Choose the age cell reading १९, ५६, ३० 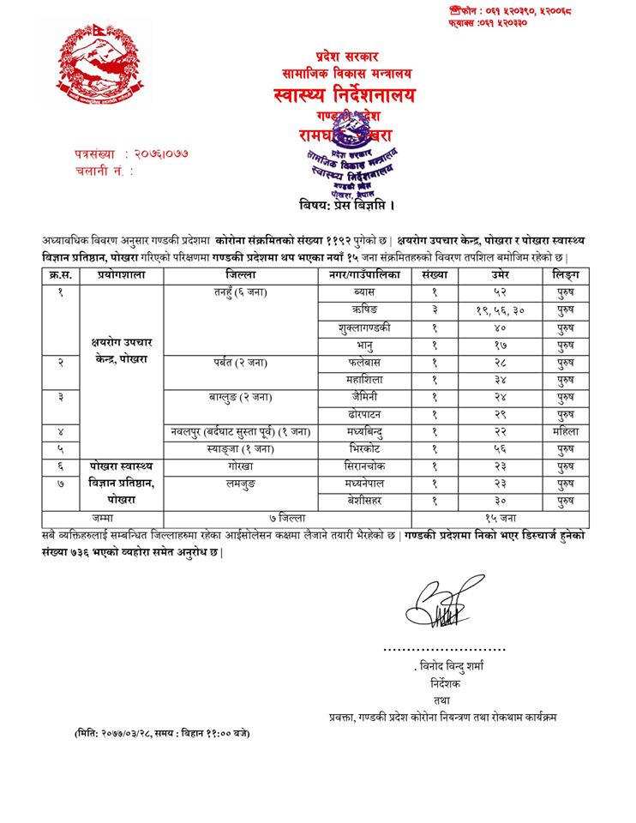click(501, 310)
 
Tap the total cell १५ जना click(501, 519)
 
